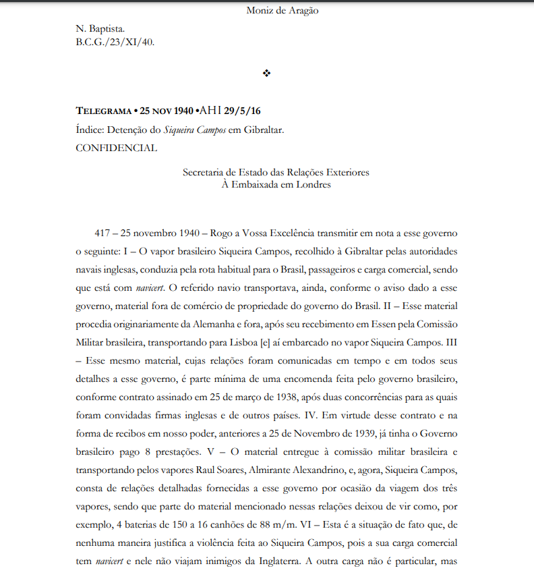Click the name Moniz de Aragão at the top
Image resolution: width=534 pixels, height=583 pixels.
(282, 10)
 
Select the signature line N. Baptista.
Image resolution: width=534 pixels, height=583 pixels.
(99, 30)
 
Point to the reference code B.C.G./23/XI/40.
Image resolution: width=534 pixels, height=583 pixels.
(115, 42)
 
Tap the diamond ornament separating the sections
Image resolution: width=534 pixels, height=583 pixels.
(266, 73)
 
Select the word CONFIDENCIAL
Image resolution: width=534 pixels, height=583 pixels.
(116, 148)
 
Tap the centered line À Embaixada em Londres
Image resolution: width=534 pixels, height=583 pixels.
(276, 185)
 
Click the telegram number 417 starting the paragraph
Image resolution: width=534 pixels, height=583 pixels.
(104, 233)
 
